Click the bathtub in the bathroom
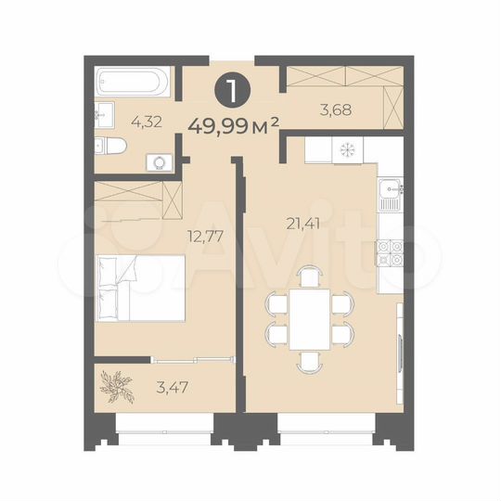135,83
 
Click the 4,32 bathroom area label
143,120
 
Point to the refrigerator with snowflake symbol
348,148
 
